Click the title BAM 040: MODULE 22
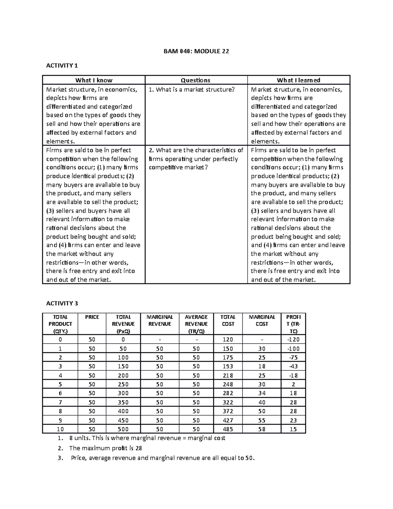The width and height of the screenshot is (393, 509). (196, 51)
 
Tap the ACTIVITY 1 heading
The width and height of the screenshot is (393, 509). (62, 66)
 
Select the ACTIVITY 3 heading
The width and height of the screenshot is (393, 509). (62, 303)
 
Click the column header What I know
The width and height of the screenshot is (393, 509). (94, 80)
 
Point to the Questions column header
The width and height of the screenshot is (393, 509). (196, 80)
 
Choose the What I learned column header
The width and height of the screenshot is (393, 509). (298, 80)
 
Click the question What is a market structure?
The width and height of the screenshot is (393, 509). (192, 89)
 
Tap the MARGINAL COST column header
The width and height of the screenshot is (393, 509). (262, 321)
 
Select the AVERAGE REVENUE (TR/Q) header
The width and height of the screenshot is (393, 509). (196, 324)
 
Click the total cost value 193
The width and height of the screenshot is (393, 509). (228, 366)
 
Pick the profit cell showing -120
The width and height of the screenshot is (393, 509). (293, 340)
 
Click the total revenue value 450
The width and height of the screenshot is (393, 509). (123, 420)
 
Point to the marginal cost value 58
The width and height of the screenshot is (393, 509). (262, 429)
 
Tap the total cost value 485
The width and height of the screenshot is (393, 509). (228, 429)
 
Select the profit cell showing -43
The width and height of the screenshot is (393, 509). (293, 366)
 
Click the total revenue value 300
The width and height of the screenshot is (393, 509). (123, 393)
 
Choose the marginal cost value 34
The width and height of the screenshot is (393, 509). (262, 393)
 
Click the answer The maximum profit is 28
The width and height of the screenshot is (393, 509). (105, 448)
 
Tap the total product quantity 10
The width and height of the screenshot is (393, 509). (60, 429)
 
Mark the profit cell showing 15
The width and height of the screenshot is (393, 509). (293, 429)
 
